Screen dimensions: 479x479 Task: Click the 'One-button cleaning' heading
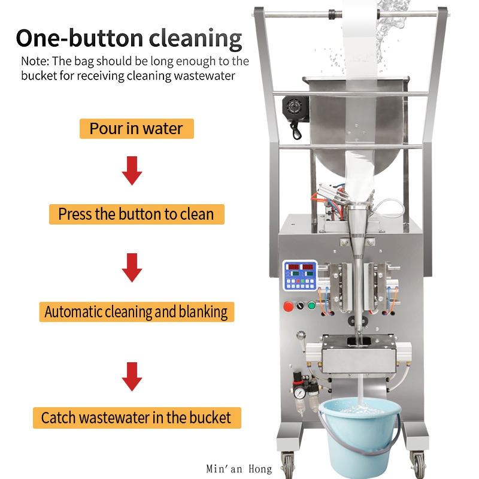tap(129, 38)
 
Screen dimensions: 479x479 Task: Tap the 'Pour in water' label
tap(137, 129)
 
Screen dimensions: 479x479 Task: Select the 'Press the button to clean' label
tap(137, 214)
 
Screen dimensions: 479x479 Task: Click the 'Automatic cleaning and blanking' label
tap(137, 312)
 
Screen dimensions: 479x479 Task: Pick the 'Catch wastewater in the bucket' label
tap(137, 417)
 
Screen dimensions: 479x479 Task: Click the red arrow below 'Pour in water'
tap(132, 171)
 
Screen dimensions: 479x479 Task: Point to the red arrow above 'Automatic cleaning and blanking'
tap(132, 268)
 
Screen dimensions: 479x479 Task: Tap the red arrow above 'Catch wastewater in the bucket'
tap(132, 377)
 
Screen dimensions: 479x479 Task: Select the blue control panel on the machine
tap(300, 275)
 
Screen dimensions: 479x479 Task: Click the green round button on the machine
tap(311, 305)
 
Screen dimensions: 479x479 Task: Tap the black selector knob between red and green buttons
tap(301, 305)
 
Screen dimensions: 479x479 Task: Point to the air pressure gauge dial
tap(299, 393)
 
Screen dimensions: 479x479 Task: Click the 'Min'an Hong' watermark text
tap(239, 469)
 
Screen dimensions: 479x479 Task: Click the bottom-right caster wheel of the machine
tap(419, 466)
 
